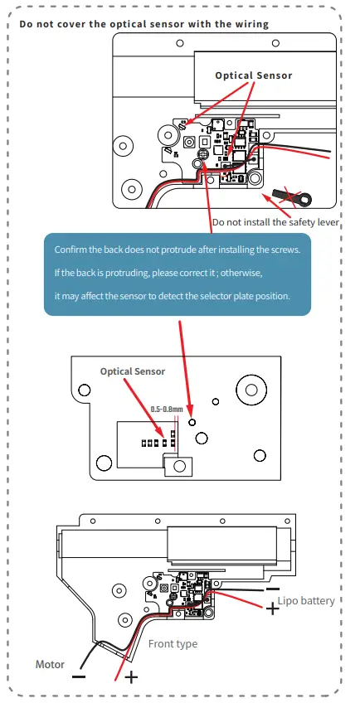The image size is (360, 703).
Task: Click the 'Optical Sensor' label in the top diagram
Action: click(x=253, y=75)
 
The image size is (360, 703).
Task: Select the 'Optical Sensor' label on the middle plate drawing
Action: click(x=133, y=371)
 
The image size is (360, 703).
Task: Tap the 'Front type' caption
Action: click(x=173, y=643)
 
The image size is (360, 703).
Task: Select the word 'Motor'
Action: click(x=50, y=664)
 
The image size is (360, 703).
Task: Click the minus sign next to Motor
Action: click(x=78, y=676)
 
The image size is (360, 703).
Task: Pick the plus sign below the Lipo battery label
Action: click(x=271, y=609)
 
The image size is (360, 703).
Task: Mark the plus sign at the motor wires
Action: click(x=129, y=677)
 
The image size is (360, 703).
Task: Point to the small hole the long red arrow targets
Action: click(x=192, y=421)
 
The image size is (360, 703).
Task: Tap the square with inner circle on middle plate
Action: click(x=179, y=468)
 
